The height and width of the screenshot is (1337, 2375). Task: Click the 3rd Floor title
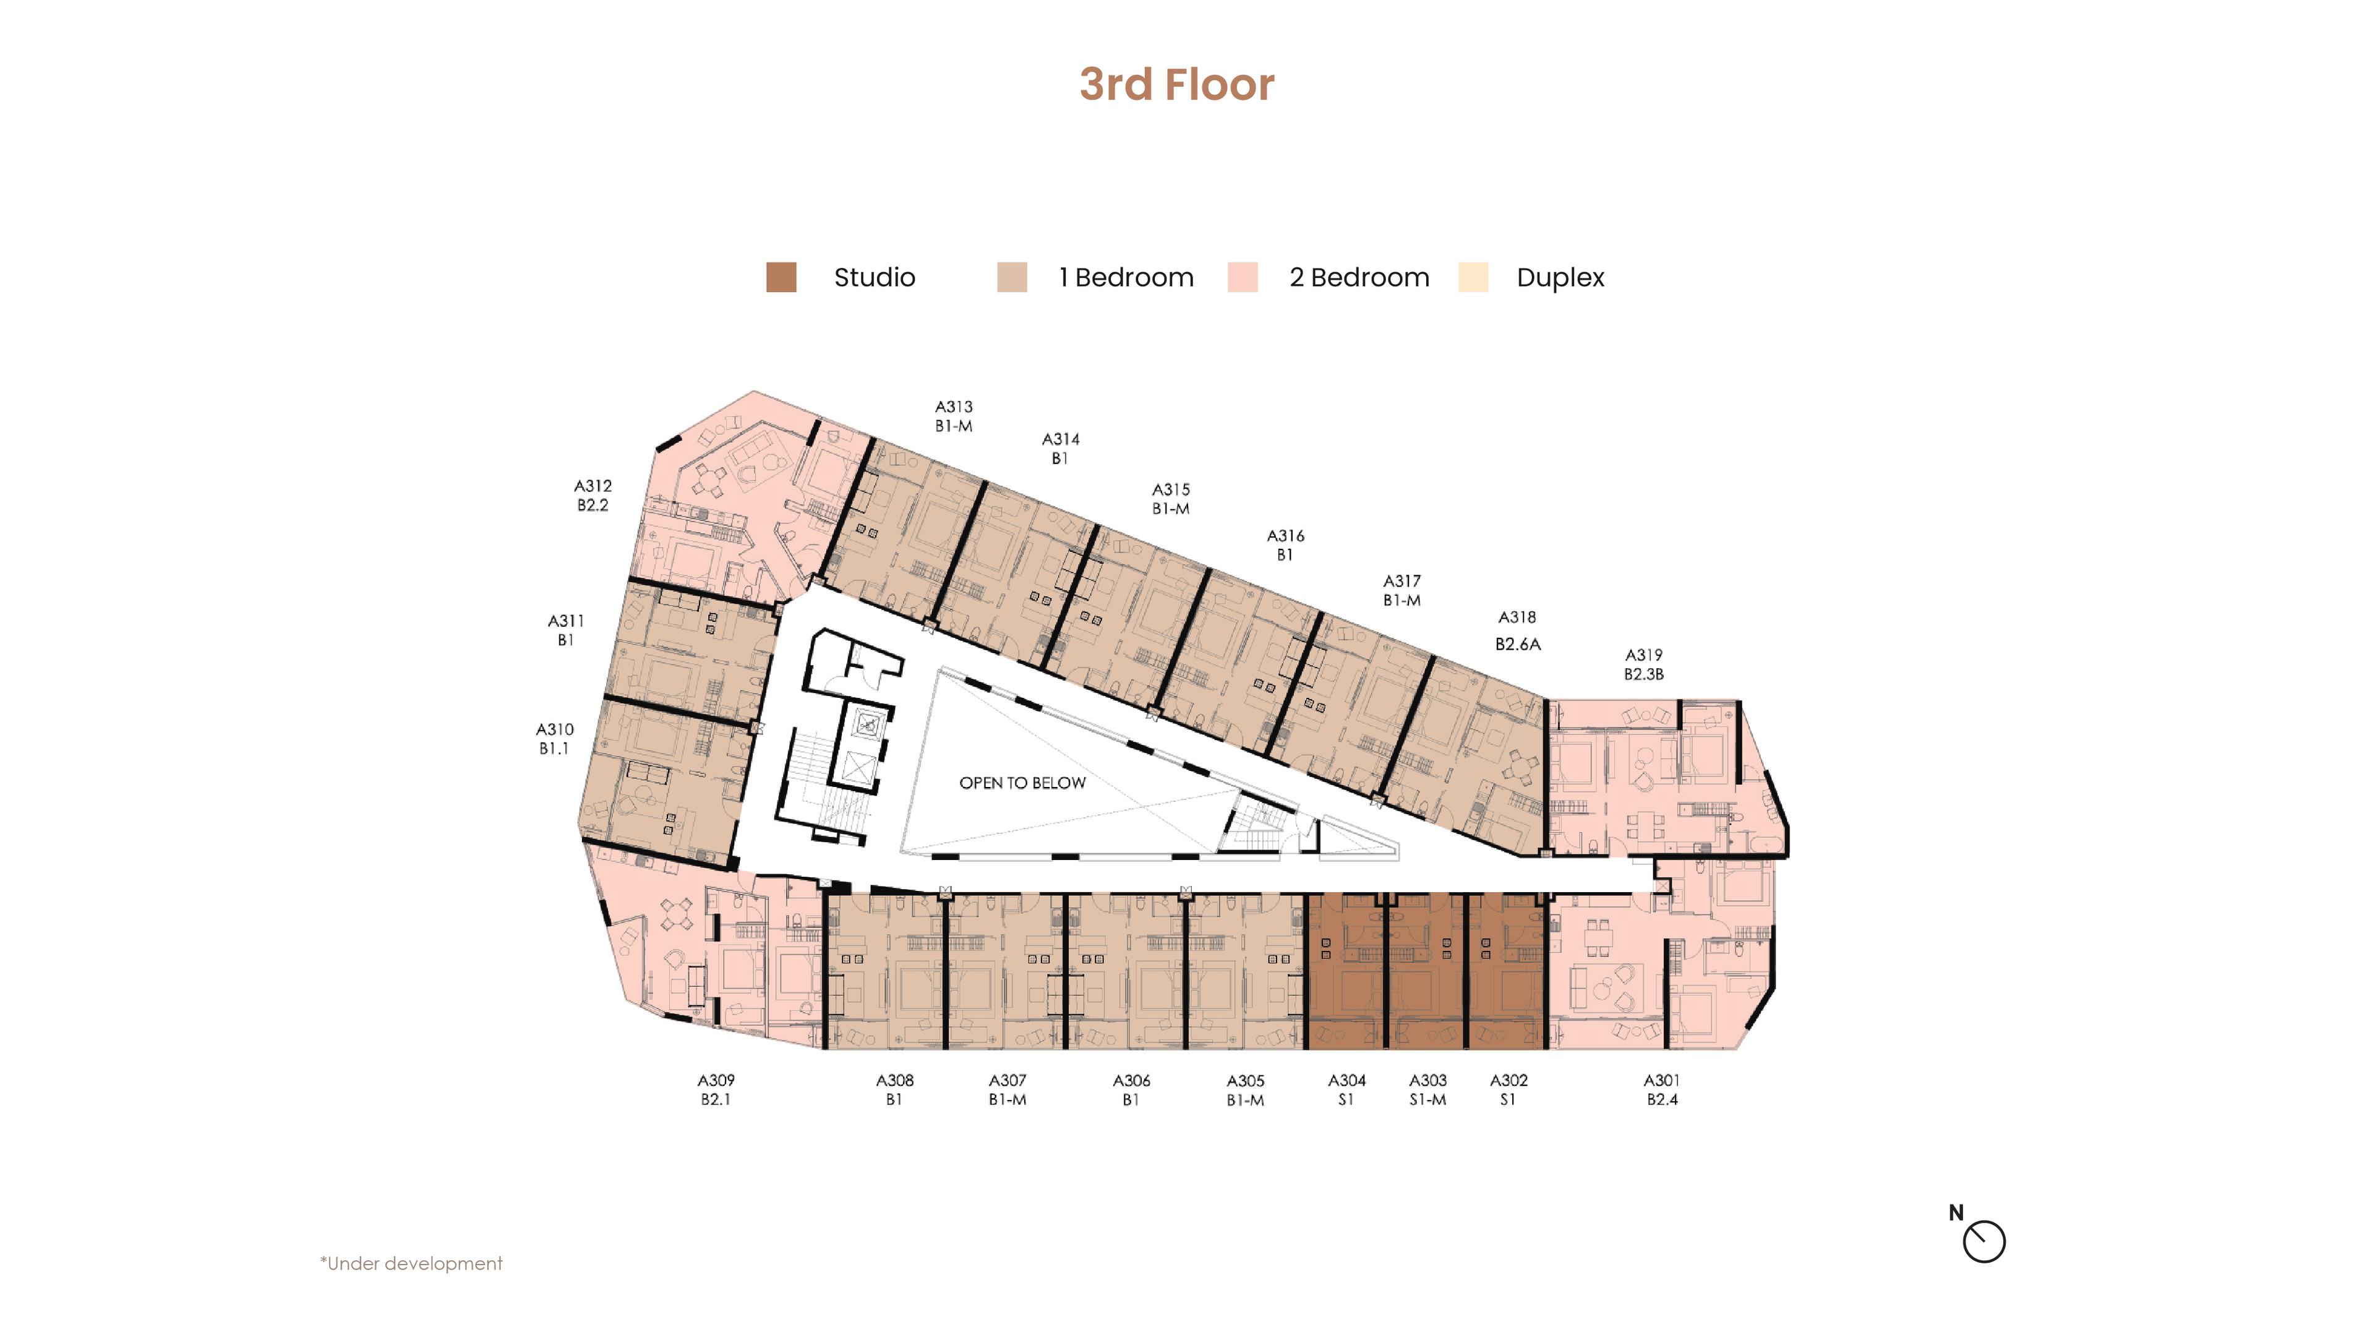(x=1176, y=85)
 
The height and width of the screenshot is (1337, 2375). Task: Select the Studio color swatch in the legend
(x=781, y=278)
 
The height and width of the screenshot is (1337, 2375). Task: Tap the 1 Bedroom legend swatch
(x=1011, y=278)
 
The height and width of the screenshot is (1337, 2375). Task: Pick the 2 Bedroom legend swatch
(x=1242, y=278)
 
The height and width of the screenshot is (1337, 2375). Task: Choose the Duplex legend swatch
(x=1473, y=278)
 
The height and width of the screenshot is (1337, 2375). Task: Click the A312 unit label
(x=593, y=486)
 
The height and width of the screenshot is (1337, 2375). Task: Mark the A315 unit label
(x=1171, y=489)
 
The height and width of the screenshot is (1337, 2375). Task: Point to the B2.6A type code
(x=1518, y=645)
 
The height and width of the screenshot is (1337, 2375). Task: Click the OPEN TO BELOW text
(x=1022, y=783)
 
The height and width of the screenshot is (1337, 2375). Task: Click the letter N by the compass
(x=1956, y=1213)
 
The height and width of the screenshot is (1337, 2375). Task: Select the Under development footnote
(x=411, y=1263)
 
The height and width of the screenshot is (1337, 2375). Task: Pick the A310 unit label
(x=555, y=729)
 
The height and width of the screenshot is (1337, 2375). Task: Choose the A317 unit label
(x=1401, y=581)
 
